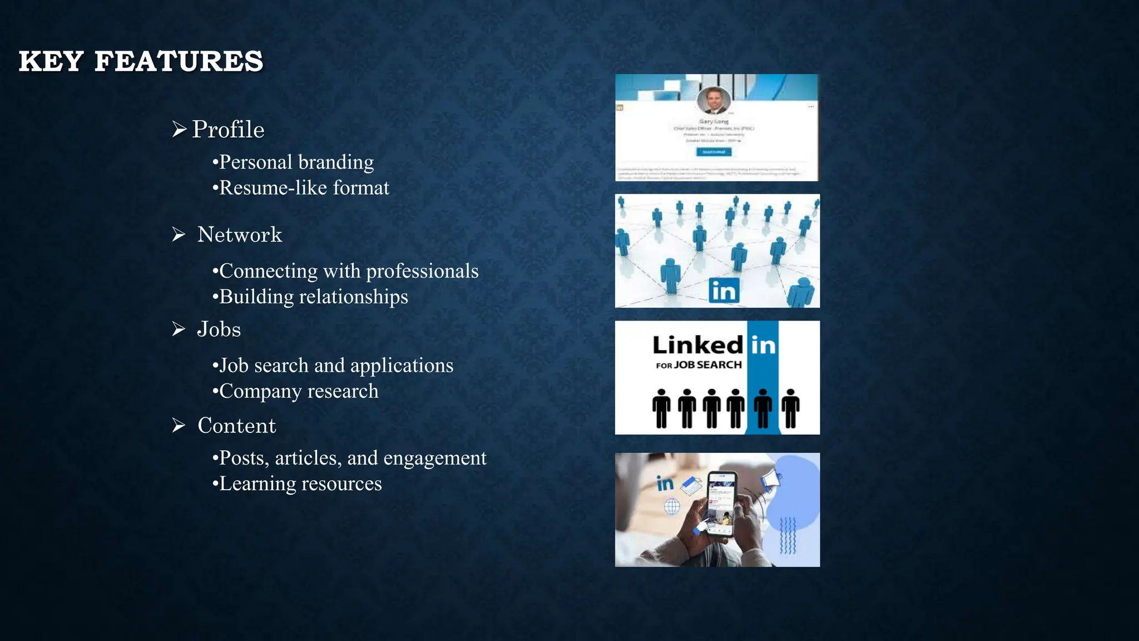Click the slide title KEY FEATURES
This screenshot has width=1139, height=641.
click(x=141, y=61)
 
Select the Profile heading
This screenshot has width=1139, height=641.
click(x=228, y=130)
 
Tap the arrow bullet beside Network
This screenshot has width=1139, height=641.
click(x=179, y=234)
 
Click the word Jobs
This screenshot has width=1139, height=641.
click(x=219, y=329)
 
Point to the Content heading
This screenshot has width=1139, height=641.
click(x=237, y=426)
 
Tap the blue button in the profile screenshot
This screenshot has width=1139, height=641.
click(x=714, y=151)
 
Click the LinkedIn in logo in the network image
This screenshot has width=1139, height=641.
click(x=724, y=291)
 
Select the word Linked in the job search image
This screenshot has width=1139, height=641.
click(x=697, y=346)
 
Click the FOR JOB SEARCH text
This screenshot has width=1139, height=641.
click(x=699, y=365)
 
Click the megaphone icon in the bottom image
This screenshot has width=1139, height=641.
click(x=772, y=481)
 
